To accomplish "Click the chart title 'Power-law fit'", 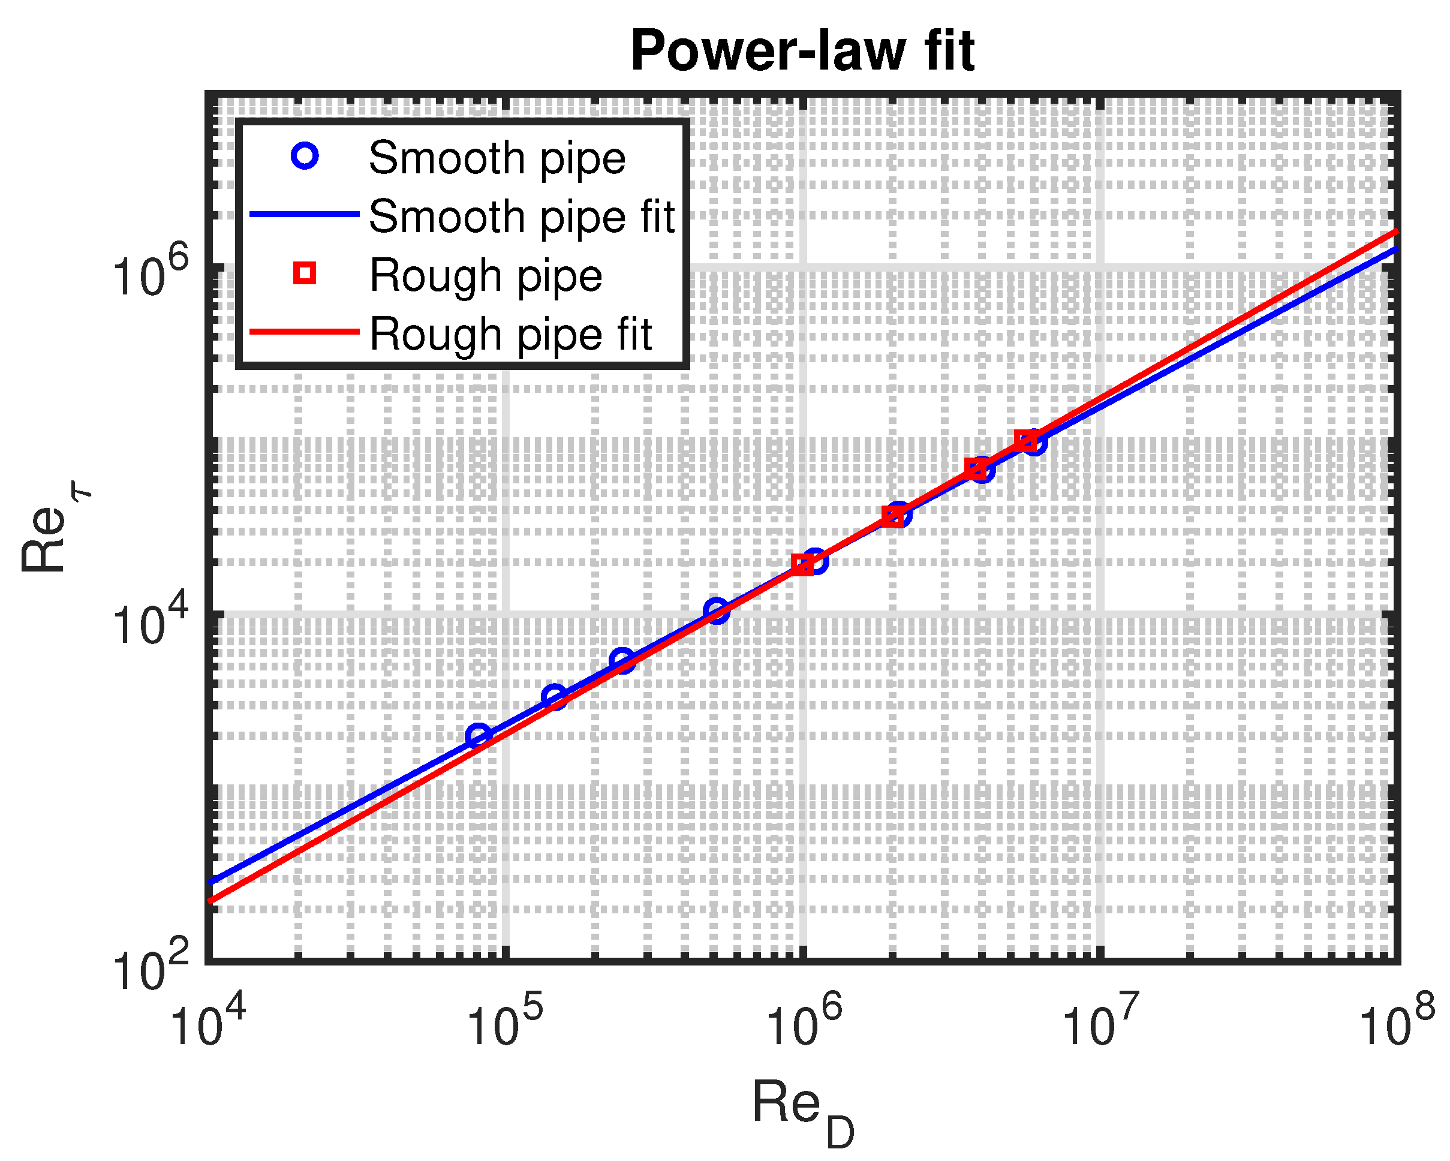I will click(x=802, y=51).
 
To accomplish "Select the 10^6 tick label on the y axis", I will click(x=149, y=275).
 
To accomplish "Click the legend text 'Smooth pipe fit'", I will click(x=521, y=216).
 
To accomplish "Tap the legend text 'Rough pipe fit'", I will click(x=510, y=334).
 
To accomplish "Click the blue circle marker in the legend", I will click(x=305, y=157).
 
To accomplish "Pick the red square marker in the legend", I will click(x=305, y=273).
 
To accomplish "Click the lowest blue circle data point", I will click(x=478, y=735).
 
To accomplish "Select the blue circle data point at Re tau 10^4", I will click(x=717, y=610).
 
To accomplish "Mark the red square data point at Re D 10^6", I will click(x=802, y=565).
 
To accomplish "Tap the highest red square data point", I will click(x=1024, y=441).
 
